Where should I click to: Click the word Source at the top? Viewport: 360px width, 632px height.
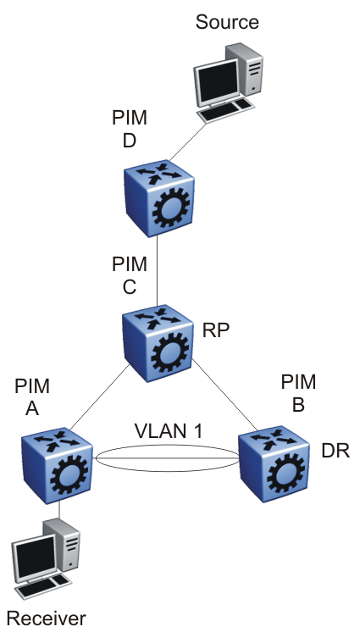click(227, 22)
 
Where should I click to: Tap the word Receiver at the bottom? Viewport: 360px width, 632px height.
click(47, 618)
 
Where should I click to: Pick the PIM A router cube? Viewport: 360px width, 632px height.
click(57, 465)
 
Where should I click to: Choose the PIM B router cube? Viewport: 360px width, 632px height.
click(274, 464)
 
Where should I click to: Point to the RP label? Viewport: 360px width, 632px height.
click(216, 330)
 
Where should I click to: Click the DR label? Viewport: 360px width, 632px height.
click(335, 452)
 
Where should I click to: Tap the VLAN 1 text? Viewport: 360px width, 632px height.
click(169, 431)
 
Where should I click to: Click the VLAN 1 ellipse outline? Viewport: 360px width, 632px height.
click(168, 446)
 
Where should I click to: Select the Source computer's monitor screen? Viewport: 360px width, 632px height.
click(217, 84)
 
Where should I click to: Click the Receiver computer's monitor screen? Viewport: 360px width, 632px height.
click(34, 558)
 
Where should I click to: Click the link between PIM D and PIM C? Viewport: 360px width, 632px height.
click(157, 271)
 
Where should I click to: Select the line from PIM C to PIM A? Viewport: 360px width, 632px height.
click(99, 397)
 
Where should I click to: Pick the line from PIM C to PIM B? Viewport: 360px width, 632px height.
click(225, 394)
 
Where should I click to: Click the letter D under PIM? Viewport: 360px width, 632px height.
click(130, 141)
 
